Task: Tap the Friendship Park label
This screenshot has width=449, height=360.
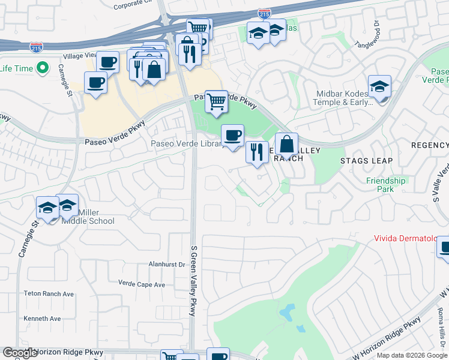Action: pos(385,185)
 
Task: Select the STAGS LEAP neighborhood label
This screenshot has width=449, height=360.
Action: pos(366,161)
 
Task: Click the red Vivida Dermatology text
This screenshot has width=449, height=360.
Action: pos(411,238)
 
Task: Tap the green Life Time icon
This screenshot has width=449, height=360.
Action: pos(43,68)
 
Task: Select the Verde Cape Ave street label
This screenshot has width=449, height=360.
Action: pos(141,284)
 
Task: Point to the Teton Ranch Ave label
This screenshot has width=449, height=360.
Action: pos(48,294)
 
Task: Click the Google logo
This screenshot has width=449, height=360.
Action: pos(20,353)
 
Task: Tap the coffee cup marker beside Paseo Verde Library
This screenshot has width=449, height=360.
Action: pos(232,135)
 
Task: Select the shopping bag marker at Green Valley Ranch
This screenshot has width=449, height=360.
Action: pos(287,144)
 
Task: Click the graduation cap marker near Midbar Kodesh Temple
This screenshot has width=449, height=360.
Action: pos(379,86)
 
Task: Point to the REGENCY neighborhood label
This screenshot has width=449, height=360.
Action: pos(429,146)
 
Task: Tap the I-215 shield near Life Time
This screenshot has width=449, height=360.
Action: pos(36,46)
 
